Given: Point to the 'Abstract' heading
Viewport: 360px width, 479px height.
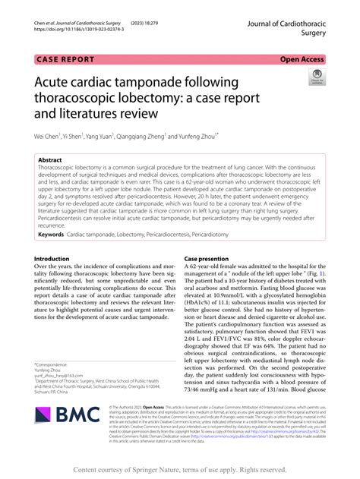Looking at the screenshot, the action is [51, 161].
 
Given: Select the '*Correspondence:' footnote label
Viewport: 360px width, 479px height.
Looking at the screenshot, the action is [54, 365].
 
